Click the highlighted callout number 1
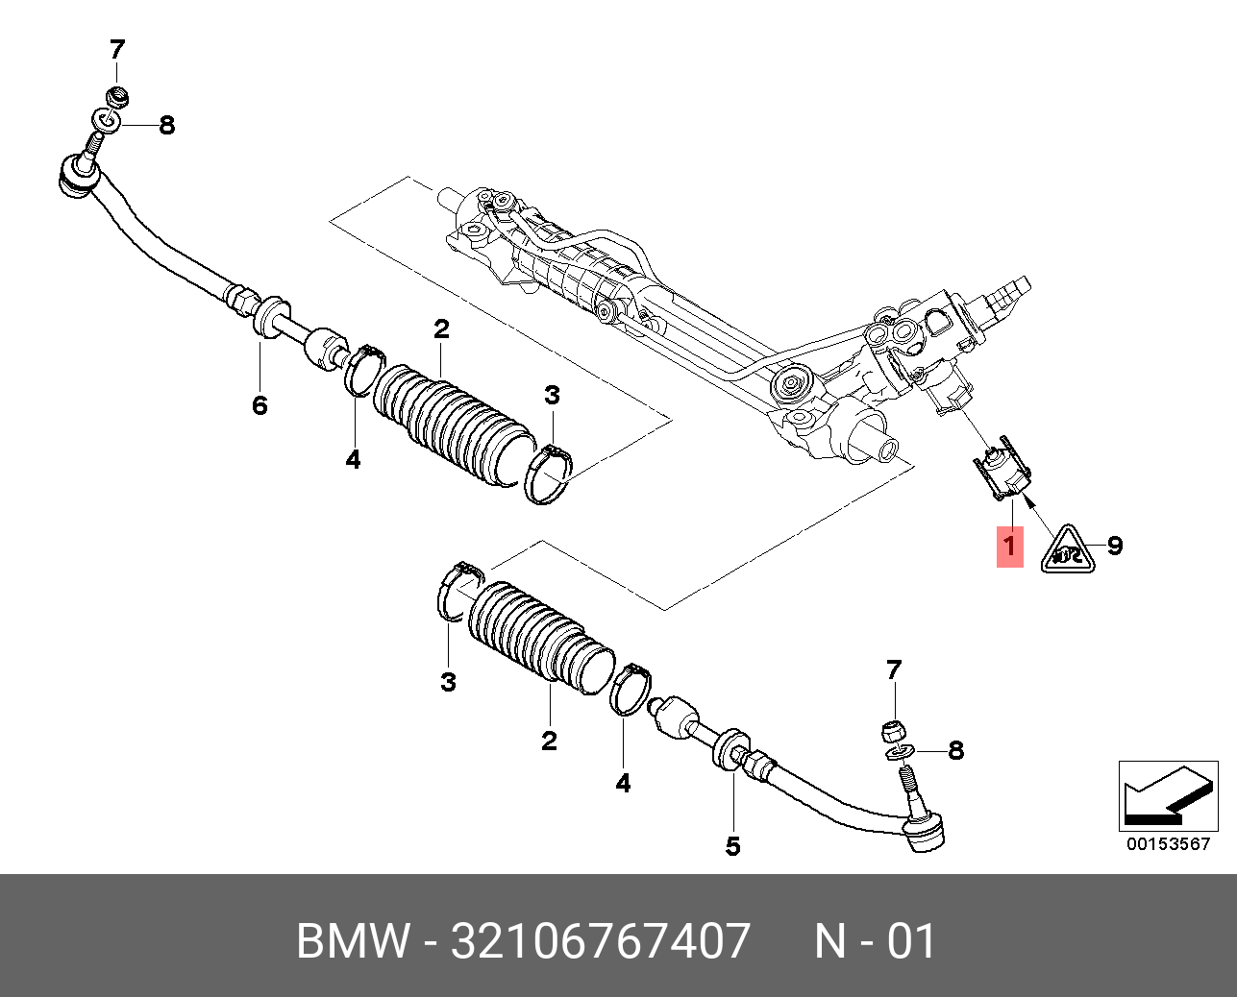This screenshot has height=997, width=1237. point(1009,547)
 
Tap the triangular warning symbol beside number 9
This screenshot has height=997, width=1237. point(1067,550)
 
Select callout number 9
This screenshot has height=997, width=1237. point(1115,546)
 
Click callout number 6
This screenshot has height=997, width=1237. point(260,405)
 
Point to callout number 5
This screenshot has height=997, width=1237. point(732,846)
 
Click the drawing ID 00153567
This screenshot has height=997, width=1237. point(1168,844)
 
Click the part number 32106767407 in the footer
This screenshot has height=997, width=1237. point(601,940)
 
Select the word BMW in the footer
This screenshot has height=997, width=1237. point(353,940)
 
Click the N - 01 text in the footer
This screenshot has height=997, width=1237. point(875,940)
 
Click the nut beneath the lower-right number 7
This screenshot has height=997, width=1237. point(893,730)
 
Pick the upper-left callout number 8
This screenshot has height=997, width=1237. point(166,125)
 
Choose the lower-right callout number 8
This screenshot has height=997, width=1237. point(955,750)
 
